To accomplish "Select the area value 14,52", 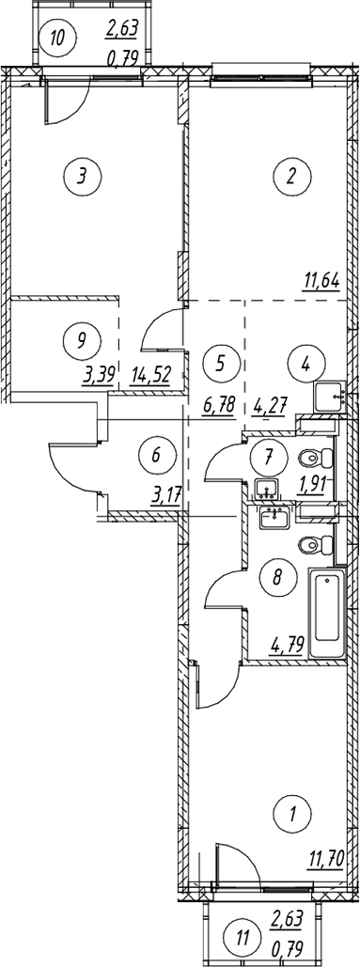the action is point(152,374).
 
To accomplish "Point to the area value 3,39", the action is point(97,374).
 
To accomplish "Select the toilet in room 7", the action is point(316,459).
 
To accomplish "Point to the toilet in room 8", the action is point(317,545).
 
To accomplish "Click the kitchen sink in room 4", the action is point(332,398).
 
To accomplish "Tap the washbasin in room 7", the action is point(266,489).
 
